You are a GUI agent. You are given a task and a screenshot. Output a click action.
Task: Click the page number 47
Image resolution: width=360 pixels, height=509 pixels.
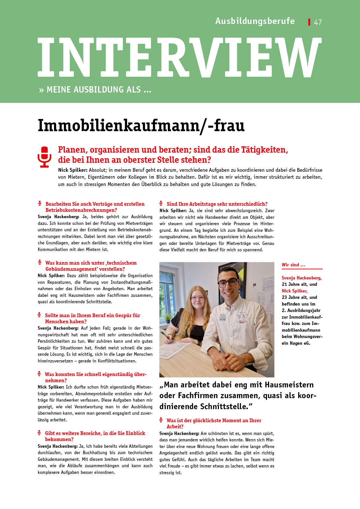318,22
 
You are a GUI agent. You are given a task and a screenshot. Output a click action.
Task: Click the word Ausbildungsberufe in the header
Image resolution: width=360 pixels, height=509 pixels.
255,21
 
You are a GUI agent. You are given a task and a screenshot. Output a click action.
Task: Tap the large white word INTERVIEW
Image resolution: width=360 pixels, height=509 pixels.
179,57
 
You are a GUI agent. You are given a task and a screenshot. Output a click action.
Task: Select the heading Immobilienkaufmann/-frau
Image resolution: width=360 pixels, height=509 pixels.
141,126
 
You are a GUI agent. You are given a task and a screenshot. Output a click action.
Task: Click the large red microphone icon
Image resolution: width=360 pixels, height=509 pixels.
44,157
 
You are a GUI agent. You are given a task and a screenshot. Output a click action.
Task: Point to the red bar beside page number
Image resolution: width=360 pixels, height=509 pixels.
309,22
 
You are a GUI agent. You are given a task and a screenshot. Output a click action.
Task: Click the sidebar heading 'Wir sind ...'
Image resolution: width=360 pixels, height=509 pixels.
293,265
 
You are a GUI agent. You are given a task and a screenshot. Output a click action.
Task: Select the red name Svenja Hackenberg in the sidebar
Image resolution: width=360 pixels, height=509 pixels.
302,278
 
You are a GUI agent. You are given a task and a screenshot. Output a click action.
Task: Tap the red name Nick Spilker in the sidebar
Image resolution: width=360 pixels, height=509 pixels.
294,291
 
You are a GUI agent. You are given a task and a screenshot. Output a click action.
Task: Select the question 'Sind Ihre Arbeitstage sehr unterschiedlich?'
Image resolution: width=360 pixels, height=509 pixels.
217,204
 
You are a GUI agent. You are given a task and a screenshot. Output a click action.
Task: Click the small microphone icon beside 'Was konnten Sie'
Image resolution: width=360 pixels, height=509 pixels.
39,374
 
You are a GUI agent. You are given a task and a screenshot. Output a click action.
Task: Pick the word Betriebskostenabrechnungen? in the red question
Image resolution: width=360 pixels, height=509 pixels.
81,210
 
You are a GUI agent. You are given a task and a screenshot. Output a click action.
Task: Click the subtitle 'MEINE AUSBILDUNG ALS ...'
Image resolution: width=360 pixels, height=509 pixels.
99,90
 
